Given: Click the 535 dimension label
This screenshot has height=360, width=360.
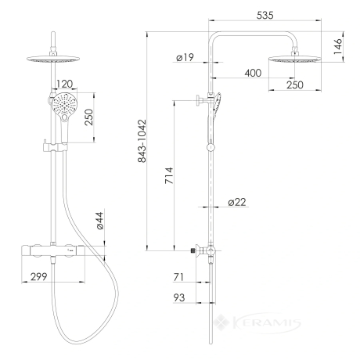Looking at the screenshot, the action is (x=265, y=15).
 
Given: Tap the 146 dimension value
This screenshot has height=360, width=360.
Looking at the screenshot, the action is (x=338, y=46).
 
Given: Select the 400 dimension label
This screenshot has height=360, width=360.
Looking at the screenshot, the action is (x=253, y=73).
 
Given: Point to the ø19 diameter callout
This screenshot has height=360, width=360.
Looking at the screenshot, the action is (x=185, y=57).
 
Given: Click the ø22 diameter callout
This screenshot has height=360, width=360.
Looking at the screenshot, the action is (x=237, y=202).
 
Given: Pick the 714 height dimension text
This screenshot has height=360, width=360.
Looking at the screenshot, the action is (x=169, y=175).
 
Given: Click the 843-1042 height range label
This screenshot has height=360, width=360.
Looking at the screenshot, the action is (x=142, y=141).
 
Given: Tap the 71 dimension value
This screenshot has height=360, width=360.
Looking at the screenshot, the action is (x=178, y=277).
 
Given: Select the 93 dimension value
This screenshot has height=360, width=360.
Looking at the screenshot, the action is (x=179, y=297).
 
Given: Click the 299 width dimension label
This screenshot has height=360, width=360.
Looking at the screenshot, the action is (x=39, y=276).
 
